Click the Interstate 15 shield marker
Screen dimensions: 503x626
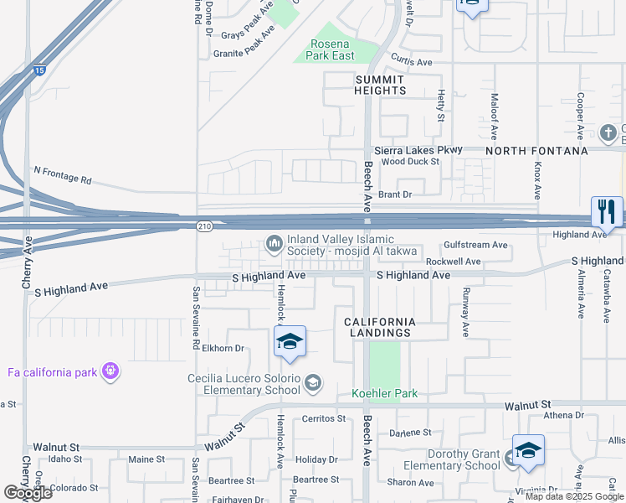40,71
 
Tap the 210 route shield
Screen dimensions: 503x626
205,226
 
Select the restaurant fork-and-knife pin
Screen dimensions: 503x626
607,212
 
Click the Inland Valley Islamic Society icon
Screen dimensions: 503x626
274,243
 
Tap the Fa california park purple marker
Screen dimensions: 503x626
110,371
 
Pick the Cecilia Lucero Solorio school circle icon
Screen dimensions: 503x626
312,383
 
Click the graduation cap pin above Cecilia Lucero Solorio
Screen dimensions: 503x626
290,342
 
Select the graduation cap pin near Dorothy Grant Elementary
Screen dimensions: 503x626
528,451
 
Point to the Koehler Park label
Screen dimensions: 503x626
383,393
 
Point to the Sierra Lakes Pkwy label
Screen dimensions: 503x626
418,149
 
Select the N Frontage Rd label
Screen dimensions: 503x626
62,174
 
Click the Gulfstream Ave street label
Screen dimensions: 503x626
475,245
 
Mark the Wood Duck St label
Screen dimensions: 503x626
410,161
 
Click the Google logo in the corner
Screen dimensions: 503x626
28,492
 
